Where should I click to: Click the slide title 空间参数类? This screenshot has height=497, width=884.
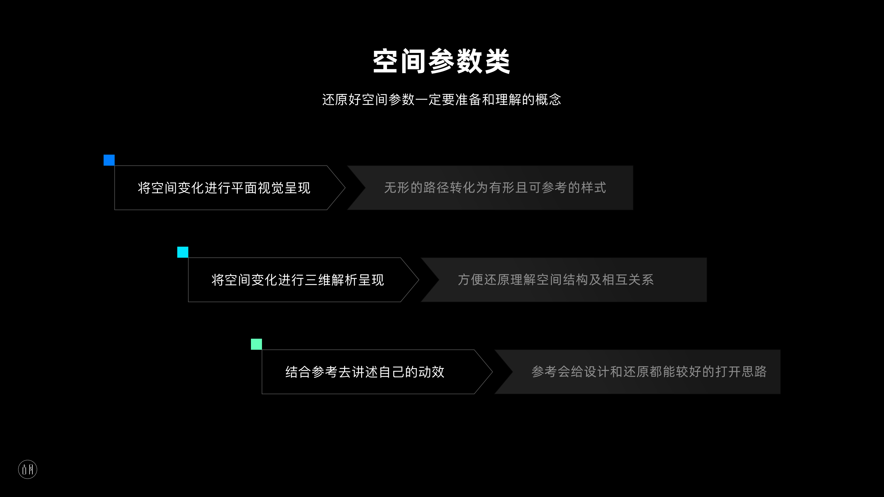point(442,61)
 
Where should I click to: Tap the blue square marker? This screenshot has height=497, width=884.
point(109,160)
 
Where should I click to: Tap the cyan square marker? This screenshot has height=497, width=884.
point(183,252)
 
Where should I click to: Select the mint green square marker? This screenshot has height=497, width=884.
point(256,344)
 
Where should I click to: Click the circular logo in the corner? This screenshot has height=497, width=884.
point(27,469)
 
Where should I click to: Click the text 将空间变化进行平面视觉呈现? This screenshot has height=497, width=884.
point(224,188)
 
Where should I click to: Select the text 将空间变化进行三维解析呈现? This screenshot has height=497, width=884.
point(297,280)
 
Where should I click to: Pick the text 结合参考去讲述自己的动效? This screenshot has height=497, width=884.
point(365,372)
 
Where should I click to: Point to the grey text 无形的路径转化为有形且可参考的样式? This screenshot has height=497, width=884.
point(495,188)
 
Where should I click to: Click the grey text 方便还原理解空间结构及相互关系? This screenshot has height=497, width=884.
point(555,280)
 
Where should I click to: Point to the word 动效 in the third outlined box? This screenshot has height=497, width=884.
point(431,372)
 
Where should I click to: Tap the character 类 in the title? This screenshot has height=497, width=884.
point(497,61)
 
